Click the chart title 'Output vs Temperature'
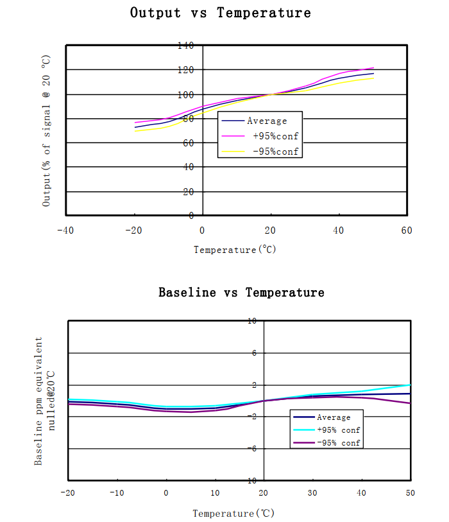click(221, 13)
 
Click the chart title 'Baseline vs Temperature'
click(241, 293)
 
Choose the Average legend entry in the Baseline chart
click(334, 417)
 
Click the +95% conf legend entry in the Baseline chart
click(338, 430)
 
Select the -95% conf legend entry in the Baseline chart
click(338, 443)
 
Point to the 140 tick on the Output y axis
click(185, 46)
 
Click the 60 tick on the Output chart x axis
click(406, 230)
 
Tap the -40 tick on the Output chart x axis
click(65, 230)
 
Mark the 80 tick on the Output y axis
click(189, 119)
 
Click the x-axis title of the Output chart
click(235, 250)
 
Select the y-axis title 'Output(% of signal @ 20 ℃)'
click(46, 130)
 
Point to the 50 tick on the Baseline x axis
click(410, 492)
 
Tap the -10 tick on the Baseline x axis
click(116, 492)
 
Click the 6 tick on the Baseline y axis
click(254, 353)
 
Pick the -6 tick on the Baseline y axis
click(253, 449)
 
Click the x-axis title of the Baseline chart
click(233, 514)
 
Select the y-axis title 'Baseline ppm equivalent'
click(39, 401)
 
